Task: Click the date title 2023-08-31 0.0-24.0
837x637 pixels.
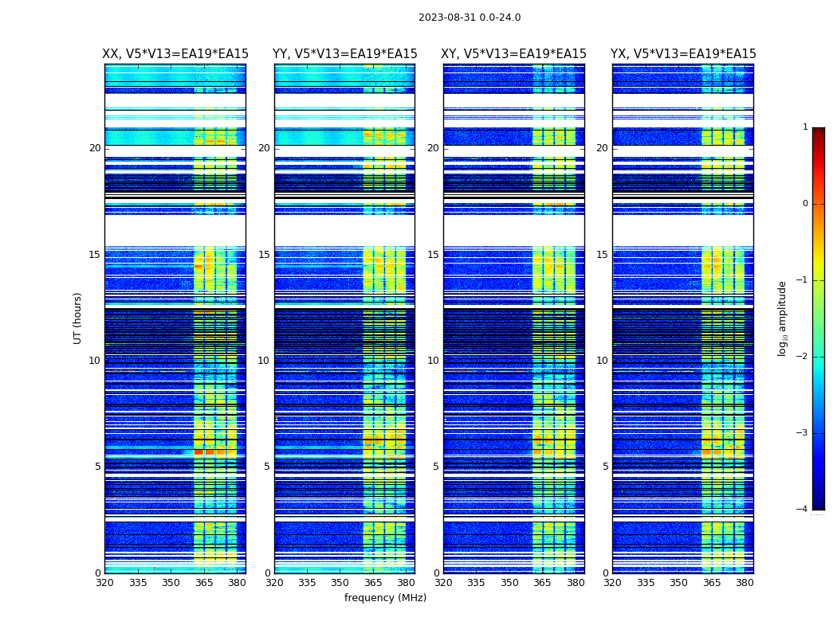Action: (470, 18)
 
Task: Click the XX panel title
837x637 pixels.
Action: (175, 54)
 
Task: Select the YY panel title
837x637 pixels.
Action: (344, 54)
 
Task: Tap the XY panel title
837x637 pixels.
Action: (514, 54)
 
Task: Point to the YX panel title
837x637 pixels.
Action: (683, 54)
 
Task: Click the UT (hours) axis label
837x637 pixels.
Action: (78, 318)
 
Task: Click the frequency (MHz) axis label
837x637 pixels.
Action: (385, 598)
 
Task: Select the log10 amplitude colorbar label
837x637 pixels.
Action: (783, 318)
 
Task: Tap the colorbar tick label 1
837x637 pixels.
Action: (805, 127)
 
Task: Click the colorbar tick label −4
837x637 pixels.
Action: (803, 510)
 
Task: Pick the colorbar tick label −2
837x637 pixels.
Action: (803, 357)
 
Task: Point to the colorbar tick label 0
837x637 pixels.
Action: (805, 204)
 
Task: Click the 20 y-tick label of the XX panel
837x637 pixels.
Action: (95, 148)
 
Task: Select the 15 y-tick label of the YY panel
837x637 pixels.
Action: (264, 255)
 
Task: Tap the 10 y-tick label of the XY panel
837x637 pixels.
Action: (433, 361)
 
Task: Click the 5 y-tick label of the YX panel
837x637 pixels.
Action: (605, 467)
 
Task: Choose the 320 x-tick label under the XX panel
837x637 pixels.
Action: (104, 583)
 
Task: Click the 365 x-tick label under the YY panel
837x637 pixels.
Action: (374, 583)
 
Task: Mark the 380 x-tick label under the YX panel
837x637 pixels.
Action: (745, 583)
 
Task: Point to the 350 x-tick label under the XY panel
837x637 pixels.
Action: (509, 583)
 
